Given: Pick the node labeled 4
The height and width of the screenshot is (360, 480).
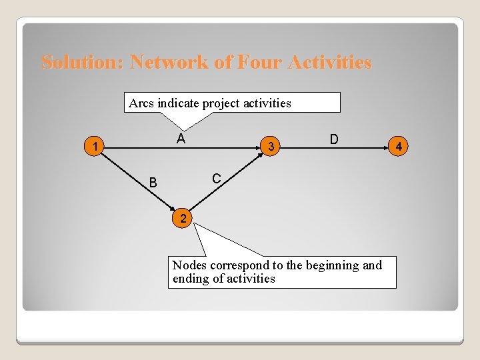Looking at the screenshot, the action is pos(399,146).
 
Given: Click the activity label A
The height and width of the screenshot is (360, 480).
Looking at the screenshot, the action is pos(181,139).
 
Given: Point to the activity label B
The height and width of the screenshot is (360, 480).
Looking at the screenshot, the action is pos(153,182).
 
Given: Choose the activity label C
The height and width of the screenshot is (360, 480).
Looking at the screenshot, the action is pos(217,179).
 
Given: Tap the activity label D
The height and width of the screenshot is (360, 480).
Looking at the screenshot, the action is pos(334,139).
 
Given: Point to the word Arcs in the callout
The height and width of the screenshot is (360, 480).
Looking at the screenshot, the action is pos(141,103).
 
